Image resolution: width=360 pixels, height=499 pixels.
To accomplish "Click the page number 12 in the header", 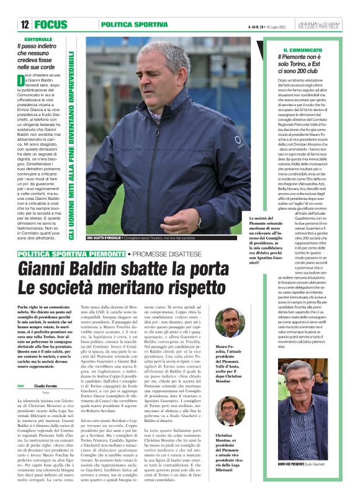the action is (25, 25).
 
